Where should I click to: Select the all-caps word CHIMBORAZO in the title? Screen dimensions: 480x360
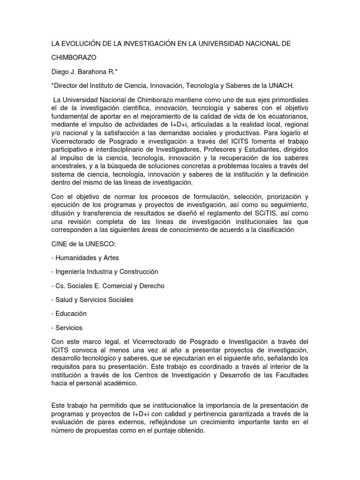click(x=74, y=58)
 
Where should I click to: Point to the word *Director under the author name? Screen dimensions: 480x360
click(x=65, y=85)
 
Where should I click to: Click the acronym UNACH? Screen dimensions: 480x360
click(x=294, y=85)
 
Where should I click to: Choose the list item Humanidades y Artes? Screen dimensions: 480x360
click(x=87, y=257)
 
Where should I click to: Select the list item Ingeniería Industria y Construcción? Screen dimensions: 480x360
click(x=106, y=271)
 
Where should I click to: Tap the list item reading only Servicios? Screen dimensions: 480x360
click(x=69, y=328)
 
